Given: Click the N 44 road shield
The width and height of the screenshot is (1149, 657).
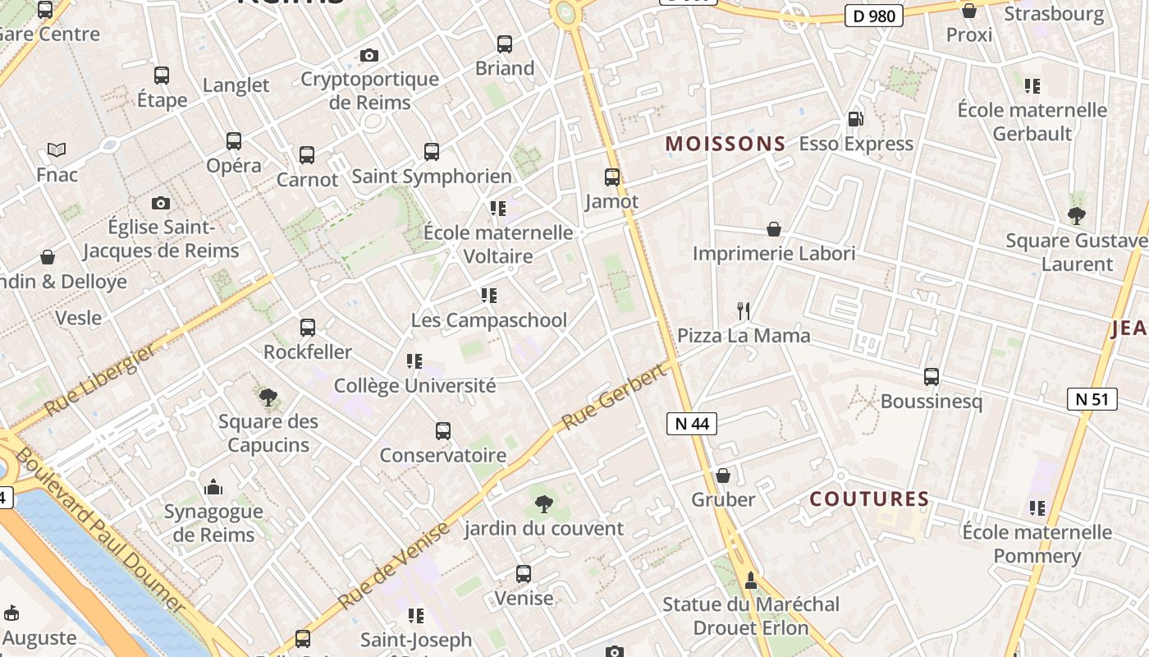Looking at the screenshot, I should [692, 424].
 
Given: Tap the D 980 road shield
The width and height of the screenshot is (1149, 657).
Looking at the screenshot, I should [874, 15].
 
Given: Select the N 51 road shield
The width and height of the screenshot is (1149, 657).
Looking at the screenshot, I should [1092, 400].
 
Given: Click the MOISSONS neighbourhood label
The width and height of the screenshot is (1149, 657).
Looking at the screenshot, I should [726, 145].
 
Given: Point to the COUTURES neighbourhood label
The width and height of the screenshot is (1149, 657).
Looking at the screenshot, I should [869, 499].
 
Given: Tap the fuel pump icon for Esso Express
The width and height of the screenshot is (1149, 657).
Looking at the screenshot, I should [855, 119].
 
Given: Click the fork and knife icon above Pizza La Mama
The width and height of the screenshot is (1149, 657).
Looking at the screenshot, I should [744, 311].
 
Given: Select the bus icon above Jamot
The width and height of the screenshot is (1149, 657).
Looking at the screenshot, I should [612, 177].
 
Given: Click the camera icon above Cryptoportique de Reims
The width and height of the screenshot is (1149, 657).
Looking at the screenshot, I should [369, 55].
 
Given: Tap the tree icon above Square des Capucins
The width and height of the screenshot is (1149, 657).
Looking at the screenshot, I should [268, 397].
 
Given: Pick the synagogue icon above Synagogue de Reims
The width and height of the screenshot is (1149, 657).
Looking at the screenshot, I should [213, 487].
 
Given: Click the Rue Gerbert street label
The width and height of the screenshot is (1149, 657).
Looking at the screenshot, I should [613, 398].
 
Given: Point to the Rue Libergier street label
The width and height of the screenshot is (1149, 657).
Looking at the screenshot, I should [99, 380].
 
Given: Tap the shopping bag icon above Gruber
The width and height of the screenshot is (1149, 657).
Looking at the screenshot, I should [723, 476].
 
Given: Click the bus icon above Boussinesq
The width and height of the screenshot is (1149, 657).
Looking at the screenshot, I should [932, 377].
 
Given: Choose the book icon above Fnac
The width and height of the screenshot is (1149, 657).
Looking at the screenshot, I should [57, 150].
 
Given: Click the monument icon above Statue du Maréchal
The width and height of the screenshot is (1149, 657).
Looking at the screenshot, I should [750, 581].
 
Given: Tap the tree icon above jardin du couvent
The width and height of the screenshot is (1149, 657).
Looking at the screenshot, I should [543, 503].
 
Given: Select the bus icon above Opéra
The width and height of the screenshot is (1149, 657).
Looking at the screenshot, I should [234, 140].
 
